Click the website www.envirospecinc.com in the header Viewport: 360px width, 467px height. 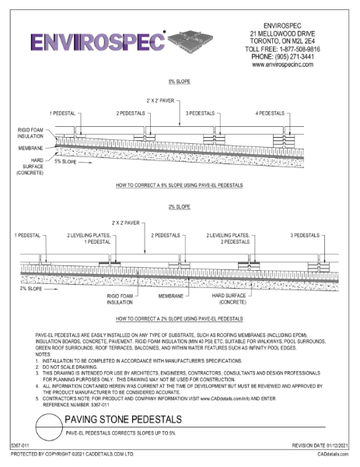(x=289, y=65)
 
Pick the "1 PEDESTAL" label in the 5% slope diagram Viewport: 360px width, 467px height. (x=63, y=114)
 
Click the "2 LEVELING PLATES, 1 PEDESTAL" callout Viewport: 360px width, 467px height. (x=88, y=238)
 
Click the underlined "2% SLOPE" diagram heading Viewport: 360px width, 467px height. (x=179, y=207)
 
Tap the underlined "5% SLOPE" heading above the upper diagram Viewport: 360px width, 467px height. (x=180, y=81)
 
